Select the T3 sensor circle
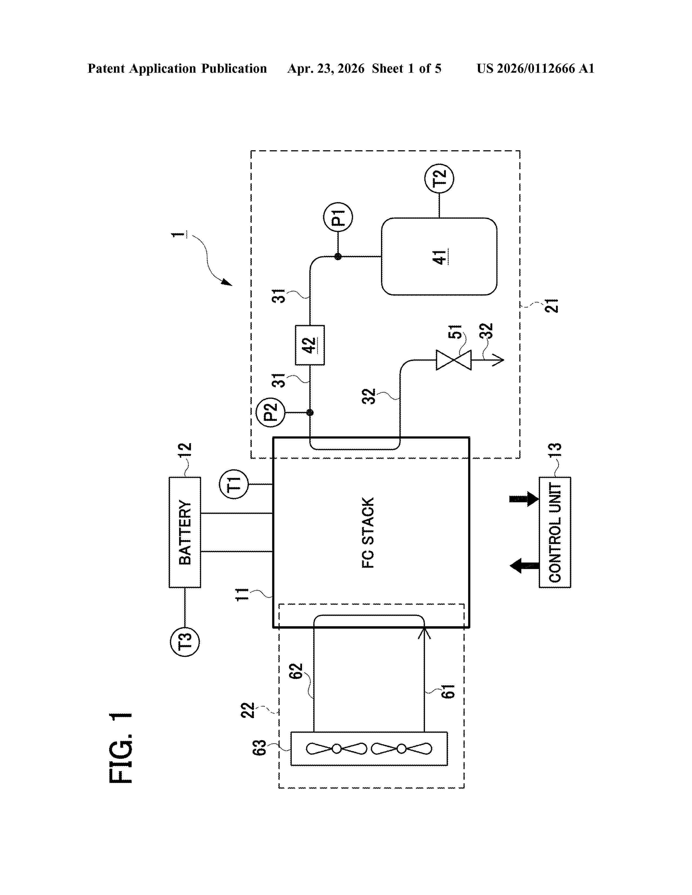(185, 642)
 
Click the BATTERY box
(185, 532)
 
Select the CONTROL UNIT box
(555, 532)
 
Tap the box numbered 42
(310, 345)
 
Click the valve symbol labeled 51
(453, 360)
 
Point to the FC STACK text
(368, 533)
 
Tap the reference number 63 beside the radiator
(259, 747)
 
